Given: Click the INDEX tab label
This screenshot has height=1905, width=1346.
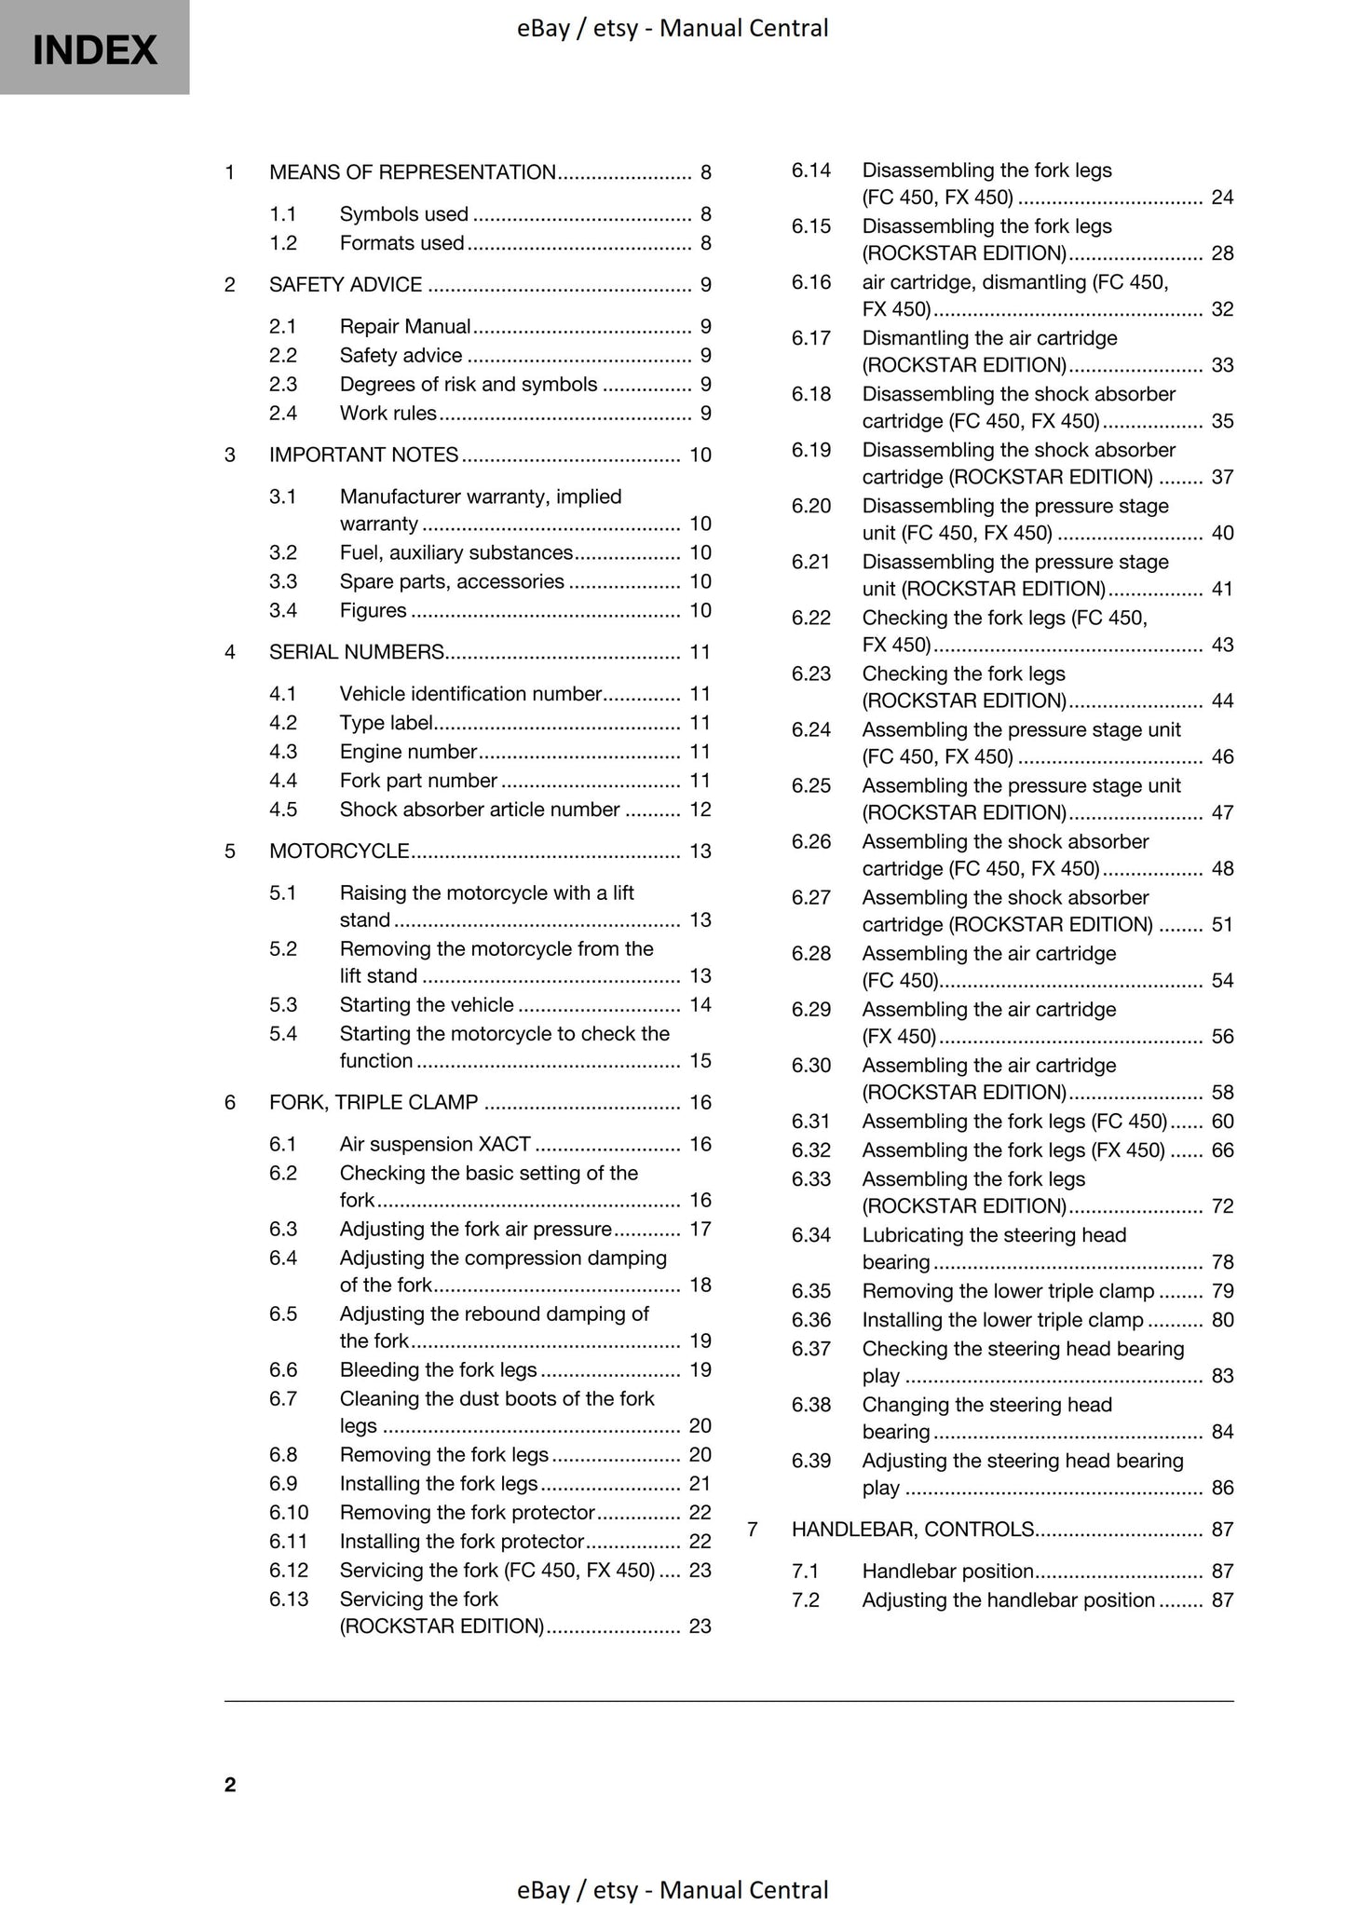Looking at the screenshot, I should click(94, 50).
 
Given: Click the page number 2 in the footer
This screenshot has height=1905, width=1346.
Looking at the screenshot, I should click(230, 1784).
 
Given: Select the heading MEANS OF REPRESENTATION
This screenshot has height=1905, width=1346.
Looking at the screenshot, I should click(412, 172).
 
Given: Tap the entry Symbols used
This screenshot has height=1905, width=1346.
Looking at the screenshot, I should click(403, 214).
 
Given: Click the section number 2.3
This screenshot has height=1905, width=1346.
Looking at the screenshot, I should click(283, 384).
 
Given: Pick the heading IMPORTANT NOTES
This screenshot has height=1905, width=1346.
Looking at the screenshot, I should click(363, 455).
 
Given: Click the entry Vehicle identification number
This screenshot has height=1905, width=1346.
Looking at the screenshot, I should click(470, 694).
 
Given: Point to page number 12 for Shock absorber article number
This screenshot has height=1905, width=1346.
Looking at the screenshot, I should click(700, 810).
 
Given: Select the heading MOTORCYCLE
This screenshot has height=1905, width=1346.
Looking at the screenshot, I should click(339, 851).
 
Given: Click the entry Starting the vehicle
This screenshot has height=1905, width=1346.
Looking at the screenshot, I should click(427, 1004).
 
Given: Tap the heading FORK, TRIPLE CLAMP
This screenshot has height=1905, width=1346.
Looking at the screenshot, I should click(374, 1103).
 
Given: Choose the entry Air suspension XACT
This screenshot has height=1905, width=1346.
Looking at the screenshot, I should click(435, 1144).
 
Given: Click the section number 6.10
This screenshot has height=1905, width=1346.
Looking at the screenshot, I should click(289, 1512).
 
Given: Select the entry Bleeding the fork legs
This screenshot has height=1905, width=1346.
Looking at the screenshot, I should click(438, 1369).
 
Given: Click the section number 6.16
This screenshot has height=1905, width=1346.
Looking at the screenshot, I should click(811, 282).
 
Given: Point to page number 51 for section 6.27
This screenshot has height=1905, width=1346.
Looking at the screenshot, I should click(1222, 924).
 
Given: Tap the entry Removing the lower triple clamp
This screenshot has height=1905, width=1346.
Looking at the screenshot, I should click(1008, 1291).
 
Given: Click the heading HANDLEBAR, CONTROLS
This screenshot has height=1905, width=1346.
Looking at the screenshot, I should click(913, 1529).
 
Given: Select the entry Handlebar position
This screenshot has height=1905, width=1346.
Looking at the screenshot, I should click(947, 1572).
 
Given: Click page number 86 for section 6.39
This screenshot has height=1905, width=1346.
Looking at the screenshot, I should click(1222, 1488).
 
